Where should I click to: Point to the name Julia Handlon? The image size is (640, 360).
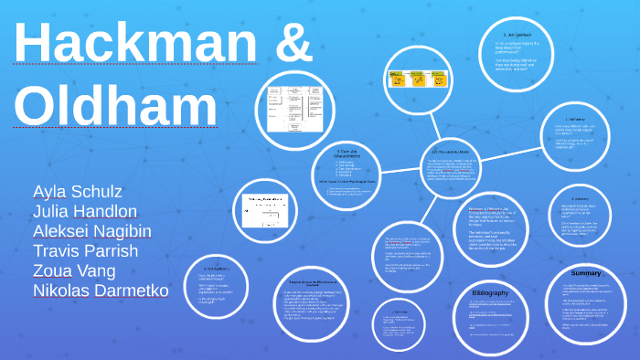86,211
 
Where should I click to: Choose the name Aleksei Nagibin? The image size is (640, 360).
91,231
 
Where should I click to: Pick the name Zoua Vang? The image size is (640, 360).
74,270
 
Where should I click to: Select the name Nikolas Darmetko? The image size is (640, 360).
101,291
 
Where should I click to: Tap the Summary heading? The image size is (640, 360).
586,273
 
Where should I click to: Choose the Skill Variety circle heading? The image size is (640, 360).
575,120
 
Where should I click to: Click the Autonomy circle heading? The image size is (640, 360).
580,199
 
